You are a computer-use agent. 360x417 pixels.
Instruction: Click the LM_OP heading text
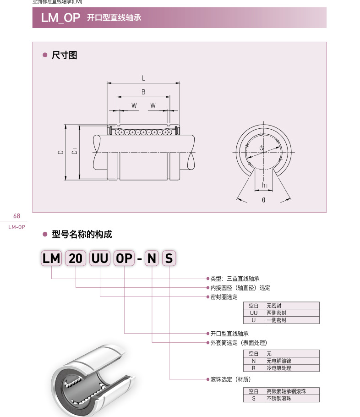(60, 18)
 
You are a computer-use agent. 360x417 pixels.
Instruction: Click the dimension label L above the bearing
(143, 77)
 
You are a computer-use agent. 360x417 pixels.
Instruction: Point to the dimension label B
(143, 92)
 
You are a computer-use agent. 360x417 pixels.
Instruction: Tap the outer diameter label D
(60, 151)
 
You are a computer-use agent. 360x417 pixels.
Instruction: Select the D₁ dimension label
(74, 151)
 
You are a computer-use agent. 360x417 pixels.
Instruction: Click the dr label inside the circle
(262, 148)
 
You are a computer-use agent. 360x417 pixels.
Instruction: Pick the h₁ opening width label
(265, 185)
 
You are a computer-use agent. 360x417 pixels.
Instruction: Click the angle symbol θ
(264, 201)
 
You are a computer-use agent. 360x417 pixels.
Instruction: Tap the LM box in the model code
(51, 259)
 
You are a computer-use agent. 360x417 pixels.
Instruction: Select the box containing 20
(76, 259)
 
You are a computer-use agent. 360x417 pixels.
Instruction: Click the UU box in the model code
(100, 259)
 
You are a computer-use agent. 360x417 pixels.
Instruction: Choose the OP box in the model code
(124, 259)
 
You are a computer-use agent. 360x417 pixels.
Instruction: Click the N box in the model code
(152, 259)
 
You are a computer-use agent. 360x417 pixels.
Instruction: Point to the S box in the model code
(169, 259)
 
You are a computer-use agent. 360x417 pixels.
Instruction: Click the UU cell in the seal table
(254, 313)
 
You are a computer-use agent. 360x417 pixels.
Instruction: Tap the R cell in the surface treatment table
(254, 368)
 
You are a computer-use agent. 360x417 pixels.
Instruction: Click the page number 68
(17, 216)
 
